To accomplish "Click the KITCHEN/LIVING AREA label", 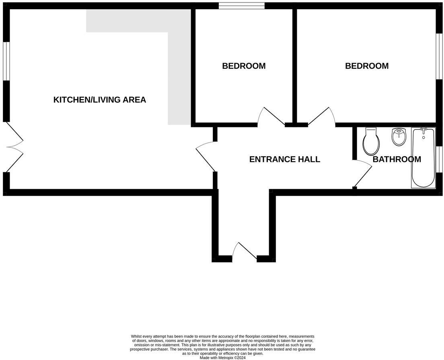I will click(x=99, y=100).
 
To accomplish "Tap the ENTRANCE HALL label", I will click(x=284, y=159).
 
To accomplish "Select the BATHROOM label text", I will click(x=397, y=159).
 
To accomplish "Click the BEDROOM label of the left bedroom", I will click(x=244, y=66).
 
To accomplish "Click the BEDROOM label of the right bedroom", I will click(x=367, y=66).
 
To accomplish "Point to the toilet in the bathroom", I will click(x=371, y=142).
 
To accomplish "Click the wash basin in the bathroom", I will click(x=399, y=137).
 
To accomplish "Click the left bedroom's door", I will click(x=271, y=117).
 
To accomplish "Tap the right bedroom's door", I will click(x=322, y=117).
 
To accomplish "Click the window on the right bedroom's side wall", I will click(x=439, y=55).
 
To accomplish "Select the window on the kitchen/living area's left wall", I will click(x=6, y=61).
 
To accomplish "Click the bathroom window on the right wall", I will click(x=439, y=159).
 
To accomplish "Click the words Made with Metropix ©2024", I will click(x=222, y=358).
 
